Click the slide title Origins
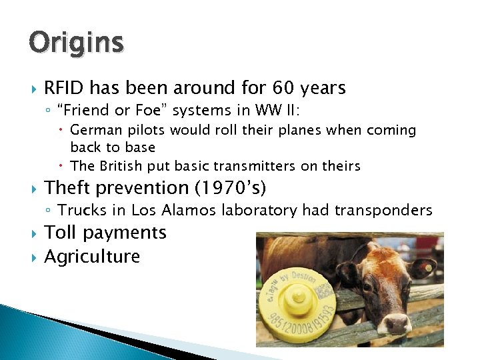(76, 43)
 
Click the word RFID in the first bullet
(64, 88)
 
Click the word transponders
(383, 211)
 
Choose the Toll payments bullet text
(105, 233)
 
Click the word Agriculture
(92, 257)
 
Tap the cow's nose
(397, 324)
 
